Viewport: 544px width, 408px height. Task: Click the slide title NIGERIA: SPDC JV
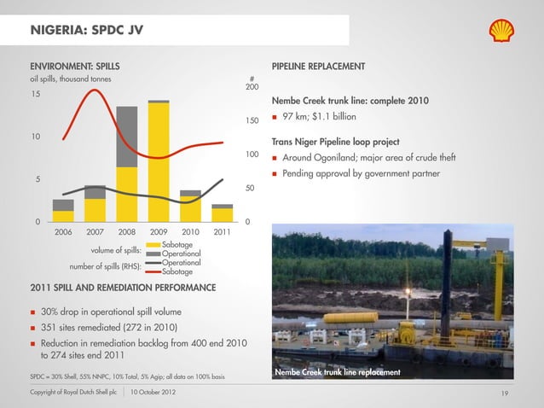[86, 32]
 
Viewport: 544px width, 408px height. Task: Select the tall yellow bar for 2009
[159, 162]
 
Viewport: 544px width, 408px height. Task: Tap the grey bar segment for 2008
[127, 137]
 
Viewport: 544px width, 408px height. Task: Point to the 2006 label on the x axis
[64, 232]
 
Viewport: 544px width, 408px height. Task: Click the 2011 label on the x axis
[222, 232]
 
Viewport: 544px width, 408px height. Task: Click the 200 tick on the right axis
[252, 88]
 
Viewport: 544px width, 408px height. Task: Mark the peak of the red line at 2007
[94, 90]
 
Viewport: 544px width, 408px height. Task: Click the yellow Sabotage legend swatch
[152, 246]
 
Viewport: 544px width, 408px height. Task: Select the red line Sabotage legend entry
[152, 271]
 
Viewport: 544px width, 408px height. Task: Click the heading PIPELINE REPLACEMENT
[318, 67]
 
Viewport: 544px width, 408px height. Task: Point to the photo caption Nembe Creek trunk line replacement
[338, 372]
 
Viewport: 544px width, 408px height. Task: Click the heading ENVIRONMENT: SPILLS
[75, 67]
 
